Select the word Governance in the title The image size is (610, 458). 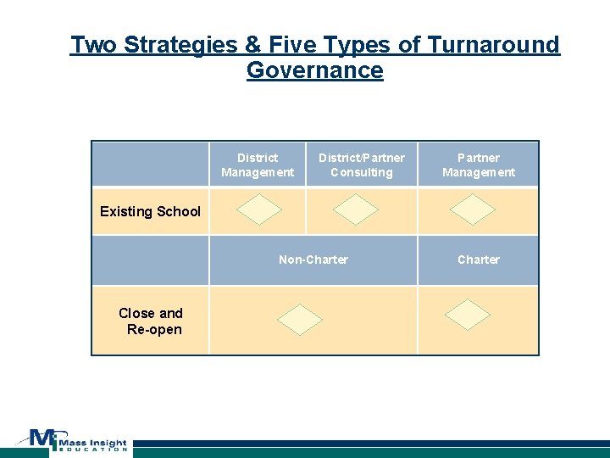pos(314,70)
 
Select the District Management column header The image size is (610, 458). pos(258,165)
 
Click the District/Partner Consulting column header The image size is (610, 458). pos(361,165)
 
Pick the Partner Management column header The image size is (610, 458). pos(479,165)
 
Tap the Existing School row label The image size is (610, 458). pos(150,211)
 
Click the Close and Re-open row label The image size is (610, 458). pos(151,321)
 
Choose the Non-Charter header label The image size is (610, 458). pos(313,260)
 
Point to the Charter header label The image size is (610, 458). pos(479,260)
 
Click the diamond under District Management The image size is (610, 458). pos(258,209)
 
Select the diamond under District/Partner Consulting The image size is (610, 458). pos(356,209)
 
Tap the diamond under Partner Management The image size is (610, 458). pos(472,209)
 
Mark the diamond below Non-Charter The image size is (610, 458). pos(301,318)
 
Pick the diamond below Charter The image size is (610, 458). pos(468,314)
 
